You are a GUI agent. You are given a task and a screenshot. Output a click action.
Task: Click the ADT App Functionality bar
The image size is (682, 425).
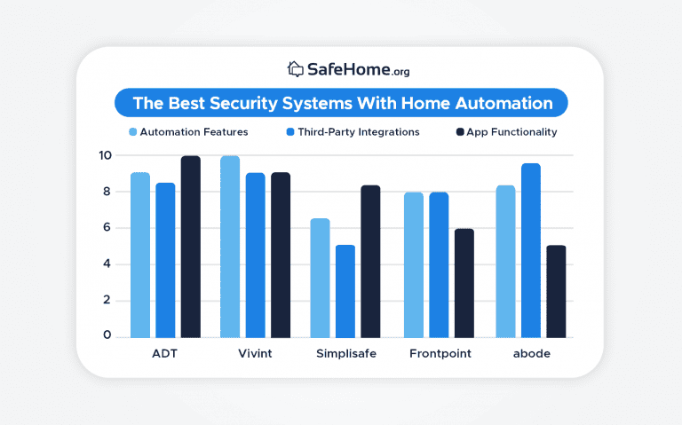(x=191, y=247)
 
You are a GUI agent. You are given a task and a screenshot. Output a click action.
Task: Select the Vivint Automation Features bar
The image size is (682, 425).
(x=230, y=247)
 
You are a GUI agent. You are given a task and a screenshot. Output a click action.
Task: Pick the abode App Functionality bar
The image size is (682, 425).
(x=556, y=291)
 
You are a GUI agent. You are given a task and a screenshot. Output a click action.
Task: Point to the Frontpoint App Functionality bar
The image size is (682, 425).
(x=464, y=283)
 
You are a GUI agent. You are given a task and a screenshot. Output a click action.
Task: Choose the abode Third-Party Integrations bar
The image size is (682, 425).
(x=531, y=250)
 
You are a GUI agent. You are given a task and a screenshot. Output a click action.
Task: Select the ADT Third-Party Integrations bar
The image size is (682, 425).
(x=165, y=260)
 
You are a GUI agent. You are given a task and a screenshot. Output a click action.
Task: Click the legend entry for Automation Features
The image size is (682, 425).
(x=187, y=132)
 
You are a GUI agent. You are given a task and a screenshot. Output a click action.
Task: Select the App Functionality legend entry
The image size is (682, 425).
(x=505, y=132)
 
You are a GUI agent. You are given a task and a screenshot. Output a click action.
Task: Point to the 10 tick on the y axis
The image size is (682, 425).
(x=106, y=155)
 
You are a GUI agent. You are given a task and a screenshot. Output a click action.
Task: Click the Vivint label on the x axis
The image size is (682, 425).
(x=255, y=353)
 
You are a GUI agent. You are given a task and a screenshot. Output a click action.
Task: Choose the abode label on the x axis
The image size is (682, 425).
(x=531, y=353)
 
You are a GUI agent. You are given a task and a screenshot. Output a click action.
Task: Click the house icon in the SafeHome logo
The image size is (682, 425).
(x=296, y=68)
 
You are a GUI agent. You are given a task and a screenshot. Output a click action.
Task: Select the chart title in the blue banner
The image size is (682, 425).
(x=342, y=103)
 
